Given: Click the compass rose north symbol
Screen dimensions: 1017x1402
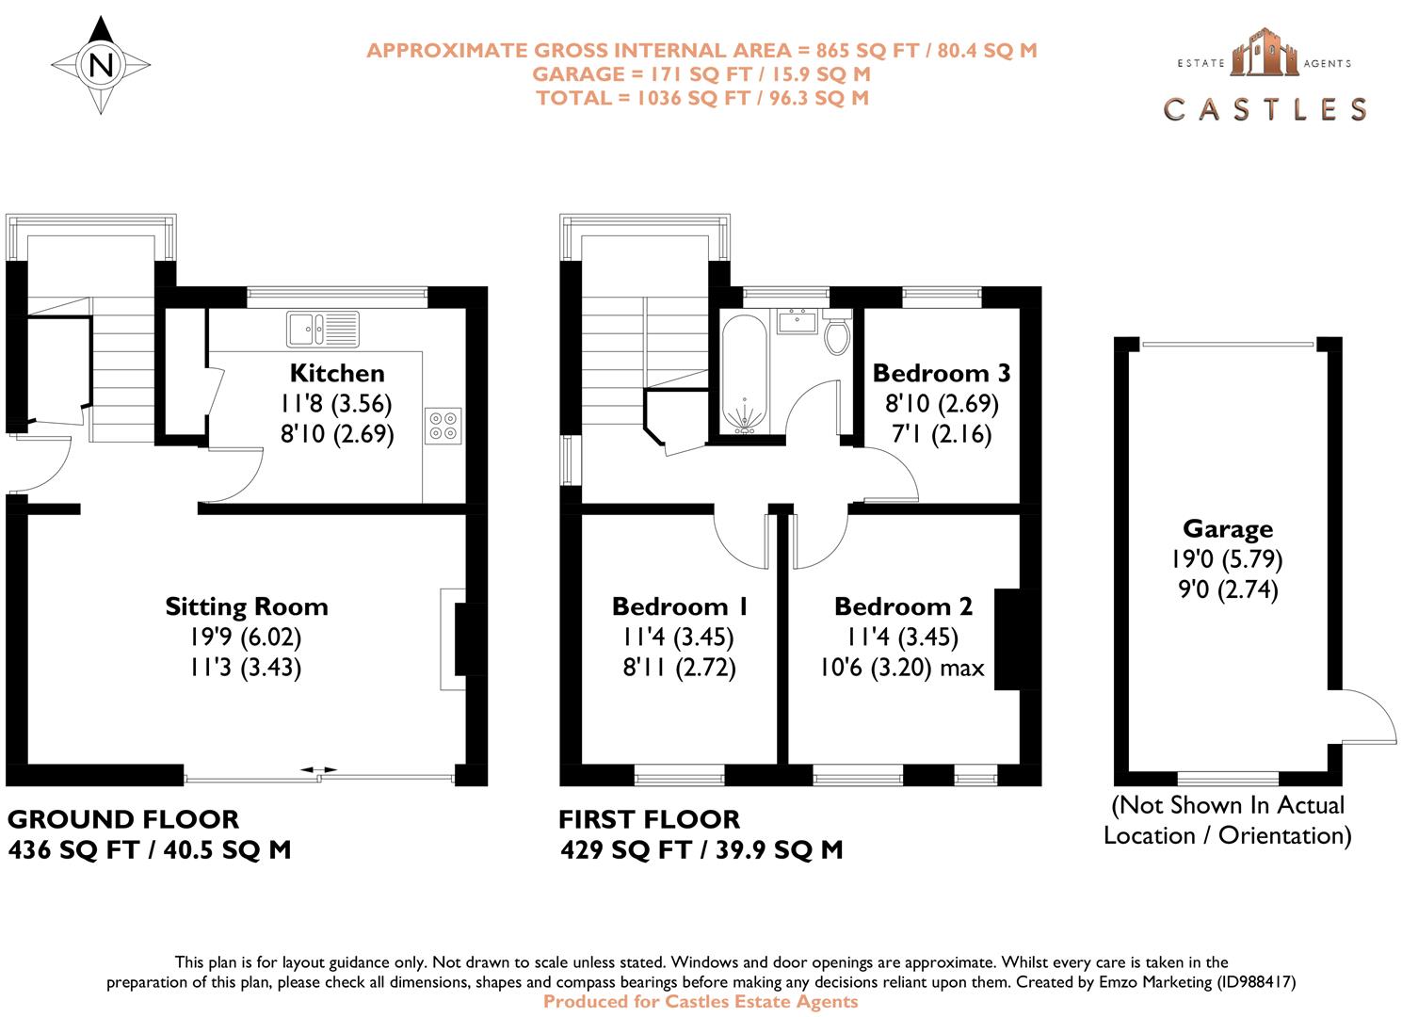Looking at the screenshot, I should pos(101,65).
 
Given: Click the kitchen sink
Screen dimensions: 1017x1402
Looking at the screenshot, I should pos(322,328).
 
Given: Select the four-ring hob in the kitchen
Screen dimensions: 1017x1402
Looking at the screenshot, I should pos(443,425).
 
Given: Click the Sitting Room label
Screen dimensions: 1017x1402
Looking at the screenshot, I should pos(247,606).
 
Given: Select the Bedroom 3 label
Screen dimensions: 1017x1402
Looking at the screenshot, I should pos(941,373).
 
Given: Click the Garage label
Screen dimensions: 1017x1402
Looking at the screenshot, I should pos(1227,528).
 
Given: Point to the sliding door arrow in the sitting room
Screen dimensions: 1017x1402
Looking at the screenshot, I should pos(318,770).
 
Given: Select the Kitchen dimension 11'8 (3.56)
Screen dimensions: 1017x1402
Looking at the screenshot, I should pos(336,403).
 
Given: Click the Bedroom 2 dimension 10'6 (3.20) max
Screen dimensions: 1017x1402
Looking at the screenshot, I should pos(901,668).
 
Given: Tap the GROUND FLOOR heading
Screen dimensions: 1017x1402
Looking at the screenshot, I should pos(122,818).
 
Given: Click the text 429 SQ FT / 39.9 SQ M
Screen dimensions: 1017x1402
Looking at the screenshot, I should pos(701,850).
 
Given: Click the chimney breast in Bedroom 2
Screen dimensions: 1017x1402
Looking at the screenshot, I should pos(1007,639).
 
